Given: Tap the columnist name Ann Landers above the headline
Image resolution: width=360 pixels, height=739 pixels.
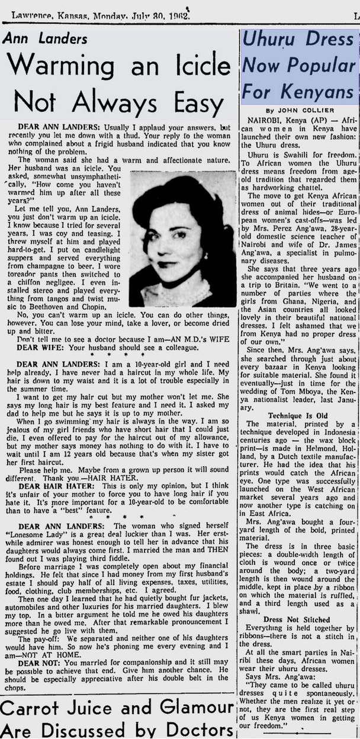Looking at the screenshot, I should pyautogui.click(x=47, y=39).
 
